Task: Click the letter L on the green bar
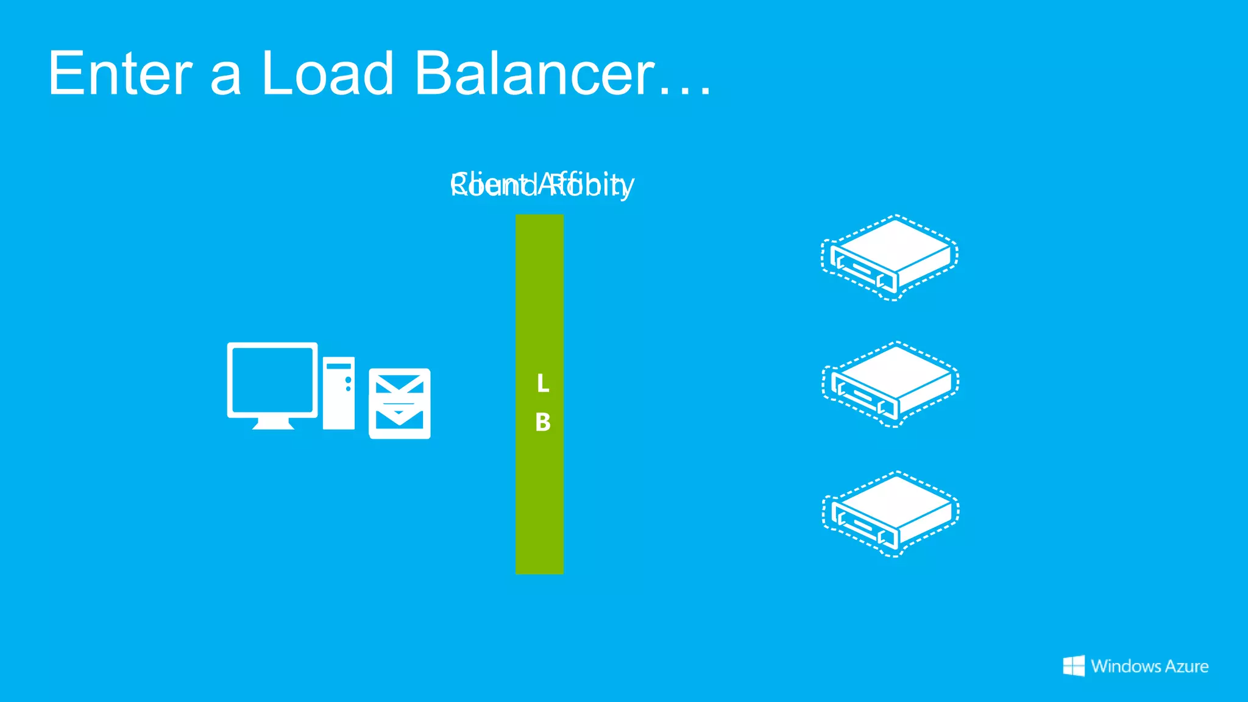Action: click(x=542, y=383)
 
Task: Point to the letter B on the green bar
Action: click(x=542, y=422)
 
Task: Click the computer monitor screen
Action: click(x=272, y=380)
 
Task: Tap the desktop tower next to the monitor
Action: click(x=338, y=394)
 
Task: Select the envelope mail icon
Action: click(x=400, y=403)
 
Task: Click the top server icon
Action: click(x=890, y=257)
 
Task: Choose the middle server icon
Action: click(x=890, y=385)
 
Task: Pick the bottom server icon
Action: click(x=890, y=514)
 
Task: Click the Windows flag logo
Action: click(x=1074, y=666)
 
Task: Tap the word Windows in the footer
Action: click(x=1126, y=666)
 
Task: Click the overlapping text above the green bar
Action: click(x=542, y=185)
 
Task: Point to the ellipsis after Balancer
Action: click(x=686, y=91)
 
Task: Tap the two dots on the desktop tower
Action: click(x=348, y=384)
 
